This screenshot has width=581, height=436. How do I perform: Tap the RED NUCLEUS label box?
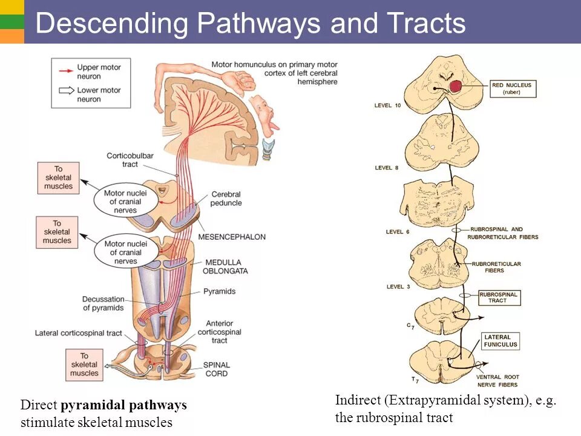(x=511, y=88)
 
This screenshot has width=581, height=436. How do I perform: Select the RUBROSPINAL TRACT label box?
(x=499, y=297)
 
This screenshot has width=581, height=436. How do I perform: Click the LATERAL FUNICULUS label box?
(x=501, y=341)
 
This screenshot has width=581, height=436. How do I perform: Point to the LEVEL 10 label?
(x=387, y=106)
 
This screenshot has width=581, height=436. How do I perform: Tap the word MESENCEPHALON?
(x=232, y=237)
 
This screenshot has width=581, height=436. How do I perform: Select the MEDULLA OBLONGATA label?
(x=226, y=266)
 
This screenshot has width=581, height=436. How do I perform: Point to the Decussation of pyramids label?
(x=103, y=303)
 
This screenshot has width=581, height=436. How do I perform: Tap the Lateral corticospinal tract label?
(x=79, y=333)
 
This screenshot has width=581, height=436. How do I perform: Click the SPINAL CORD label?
(x=216, y=369)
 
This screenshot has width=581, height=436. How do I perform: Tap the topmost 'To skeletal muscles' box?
(x=58, y=177)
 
